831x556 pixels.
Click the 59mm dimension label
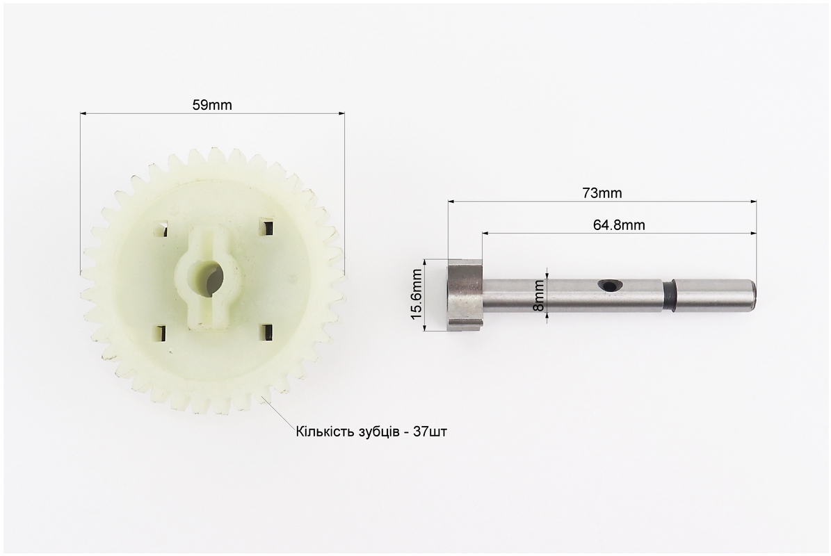(x=212, y=105)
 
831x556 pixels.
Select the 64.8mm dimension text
(x=619, y=225)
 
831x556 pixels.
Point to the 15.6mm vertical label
(x=417, y=295)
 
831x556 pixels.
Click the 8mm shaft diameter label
(x=538, y=295)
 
